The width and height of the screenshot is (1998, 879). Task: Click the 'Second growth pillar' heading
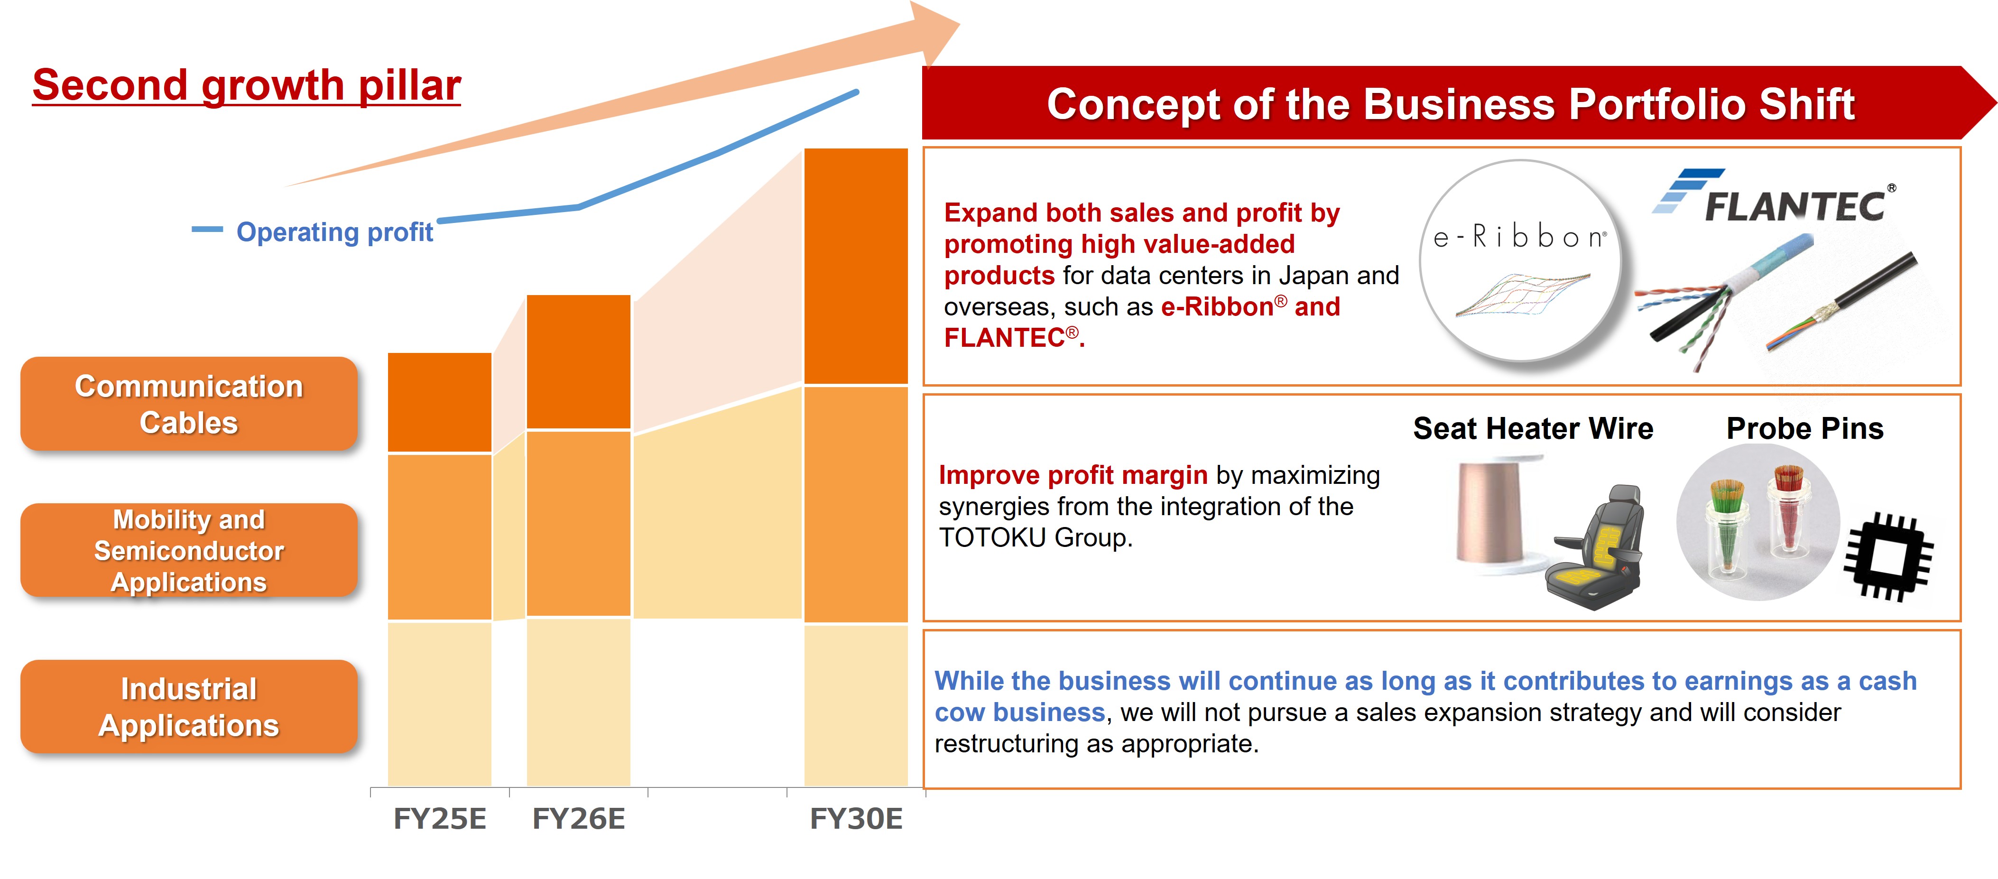pyautogui.click(x=247, y=85)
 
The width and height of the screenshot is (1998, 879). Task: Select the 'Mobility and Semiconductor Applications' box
pyautogui.click(x=188, y=550)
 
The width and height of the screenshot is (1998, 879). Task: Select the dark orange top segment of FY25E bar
pyautogui.click(x=440, y=402)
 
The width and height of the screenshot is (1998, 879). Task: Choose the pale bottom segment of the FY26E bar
pyautogui.click(x=579, y=702)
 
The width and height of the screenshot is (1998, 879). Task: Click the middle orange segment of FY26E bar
pyautogui.click(x=579, y=523)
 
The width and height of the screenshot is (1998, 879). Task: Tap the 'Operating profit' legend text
pyautogui.click(x=334, y=232)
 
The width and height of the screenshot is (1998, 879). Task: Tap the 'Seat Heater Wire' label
pyautogui.click(x=1533, y=428)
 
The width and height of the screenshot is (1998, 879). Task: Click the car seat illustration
pyautogui.click(x=1598, y=551)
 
